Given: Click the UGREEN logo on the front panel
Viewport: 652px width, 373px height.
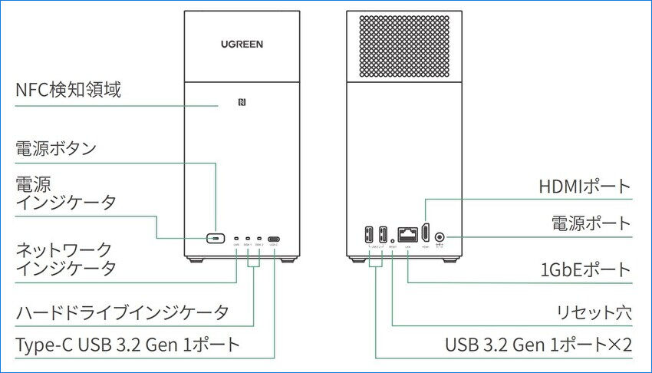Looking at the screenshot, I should [242, 45].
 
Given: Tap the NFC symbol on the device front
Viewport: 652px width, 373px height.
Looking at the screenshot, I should [242, 104].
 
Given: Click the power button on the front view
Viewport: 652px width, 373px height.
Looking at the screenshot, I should [216, 239].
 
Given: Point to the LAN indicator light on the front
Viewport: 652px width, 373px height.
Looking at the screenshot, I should [236, 239].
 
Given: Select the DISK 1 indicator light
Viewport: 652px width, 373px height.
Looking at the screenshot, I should [248, 239].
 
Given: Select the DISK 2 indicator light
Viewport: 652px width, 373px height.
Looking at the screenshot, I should [260, 239].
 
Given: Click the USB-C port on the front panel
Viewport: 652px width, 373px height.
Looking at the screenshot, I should [275, 239].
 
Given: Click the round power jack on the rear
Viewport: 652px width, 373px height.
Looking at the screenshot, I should [440, 237].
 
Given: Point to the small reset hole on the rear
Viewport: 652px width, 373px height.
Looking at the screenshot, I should [393, 239].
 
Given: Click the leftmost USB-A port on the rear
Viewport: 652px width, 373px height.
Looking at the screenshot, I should [369, 234].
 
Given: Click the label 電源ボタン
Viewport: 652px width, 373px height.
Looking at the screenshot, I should [56, 148].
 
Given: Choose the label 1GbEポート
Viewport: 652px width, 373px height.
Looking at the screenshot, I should [585, 269].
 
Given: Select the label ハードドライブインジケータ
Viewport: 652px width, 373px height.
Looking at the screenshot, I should [123, 312].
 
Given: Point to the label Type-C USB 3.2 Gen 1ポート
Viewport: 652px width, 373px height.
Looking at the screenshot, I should [128, 345].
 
